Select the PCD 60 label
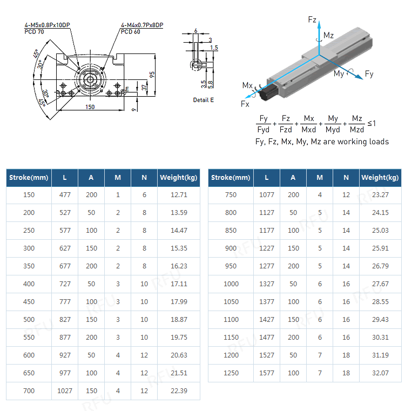(x=130, y=32)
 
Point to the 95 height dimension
(x=152, y=74)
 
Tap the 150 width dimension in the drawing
(x=90, y=107)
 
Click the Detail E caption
(x=203, y=100)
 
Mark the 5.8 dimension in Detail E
(x=211, y=84)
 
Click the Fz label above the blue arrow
(x=312, y=19)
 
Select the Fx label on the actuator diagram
(x=245, y=103)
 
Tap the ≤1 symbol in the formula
(x=372, y=124)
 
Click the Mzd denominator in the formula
(x=357, y=130)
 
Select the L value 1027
(x=65, y=390)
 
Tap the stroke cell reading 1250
(x=231, y=373)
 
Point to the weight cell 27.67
(x=380, y=284)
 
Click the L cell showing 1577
(x=267, y=373)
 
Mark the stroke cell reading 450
(x=29, y=302)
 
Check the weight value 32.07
(x=380, y=373)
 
